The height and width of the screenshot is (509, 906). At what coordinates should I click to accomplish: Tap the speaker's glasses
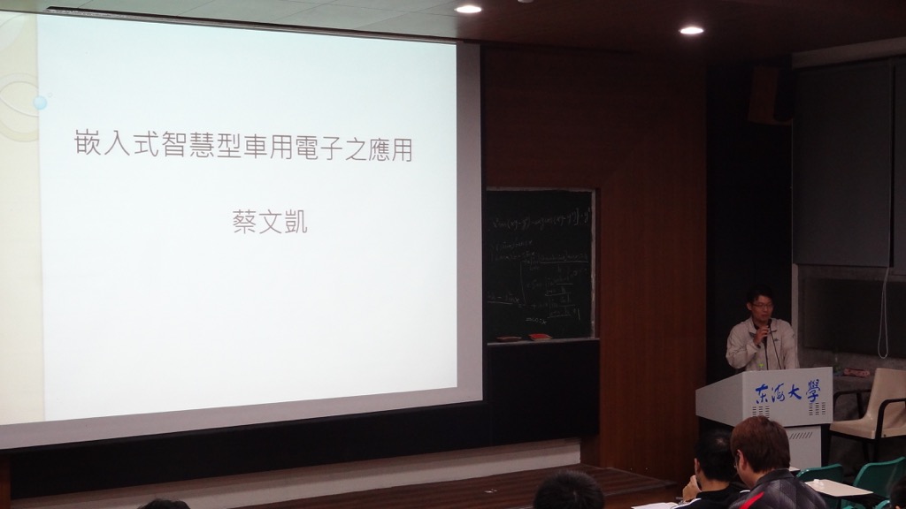(761, 306)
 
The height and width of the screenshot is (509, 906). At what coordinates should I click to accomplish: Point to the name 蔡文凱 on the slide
(270, 221)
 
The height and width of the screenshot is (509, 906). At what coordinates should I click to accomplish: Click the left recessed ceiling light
(468, 9)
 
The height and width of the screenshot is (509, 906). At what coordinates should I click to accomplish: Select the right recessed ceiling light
(691, 30)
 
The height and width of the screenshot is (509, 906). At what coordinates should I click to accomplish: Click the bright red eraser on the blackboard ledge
(537, 337)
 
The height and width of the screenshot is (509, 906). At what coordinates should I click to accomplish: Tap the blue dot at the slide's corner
(40, 103)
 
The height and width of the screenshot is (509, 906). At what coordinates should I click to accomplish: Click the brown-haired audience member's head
(759, 444)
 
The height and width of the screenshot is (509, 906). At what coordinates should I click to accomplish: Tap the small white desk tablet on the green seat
(835, 487)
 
